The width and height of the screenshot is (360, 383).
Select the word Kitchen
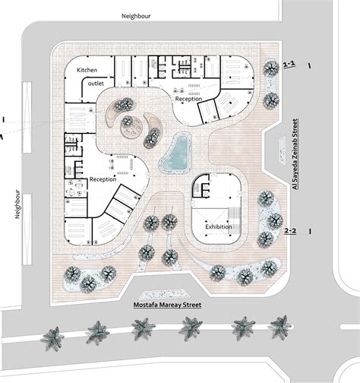[89, 70]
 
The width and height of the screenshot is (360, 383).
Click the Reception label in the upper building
[189, 100]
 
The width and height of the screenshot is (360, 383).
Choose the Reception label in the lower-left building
[103, 179]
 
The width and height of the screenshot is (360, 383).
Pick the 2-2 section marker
[289, 229]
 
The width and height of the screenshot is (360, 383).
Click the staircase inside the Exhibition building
[232, 210]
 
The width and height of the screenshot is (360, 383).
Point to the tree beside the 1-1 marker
[269, 68]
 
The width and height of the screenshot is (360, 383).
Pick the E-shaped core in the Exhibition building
[203, 185]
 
